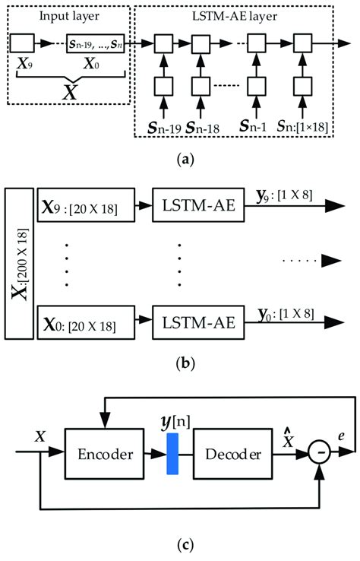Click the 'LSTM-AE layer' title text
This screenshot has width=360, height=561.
tap(237, 14)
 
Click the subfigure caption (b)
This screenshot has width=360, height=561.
tap(179, 363)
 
